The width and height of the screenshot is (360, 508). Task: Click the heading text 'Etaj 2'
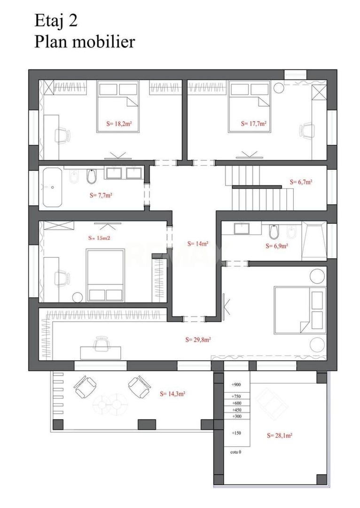[x=56, y=22]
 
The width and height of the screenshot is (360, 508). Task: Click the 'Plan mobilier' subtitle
[x=85, y=42]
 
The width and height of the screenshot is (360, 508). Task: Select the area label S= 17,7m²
[x=254, y=123]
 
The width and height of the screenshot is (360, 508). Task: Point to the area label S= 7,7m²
[x=101, y=195]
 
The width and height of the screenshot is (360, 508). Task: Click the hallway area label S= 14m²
[x=197, y=244]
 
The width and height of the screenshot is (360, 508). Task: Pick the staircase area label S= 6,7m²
[x=301, y=182]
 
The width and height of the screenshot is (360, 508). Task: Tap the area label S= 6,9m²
[x=277, y=246]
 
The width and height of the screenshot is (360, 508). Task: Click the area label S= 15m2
[x=100, y=238]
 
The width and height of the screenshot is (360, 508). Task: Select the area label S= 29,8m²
[x=198, y=340]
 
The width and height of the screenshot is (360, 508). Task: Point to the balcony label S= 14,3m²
[x=172, y=394]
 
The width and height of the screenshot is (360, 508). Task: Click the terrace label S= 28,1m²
[x=280, y=436]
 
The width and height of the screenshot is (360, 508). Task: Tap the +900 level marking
[x=236, y=385]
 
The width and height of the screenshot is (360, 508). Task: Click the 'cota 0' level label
[x=235, y=452]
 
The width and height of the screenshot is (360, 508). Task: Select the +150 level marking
[x=236, y=433]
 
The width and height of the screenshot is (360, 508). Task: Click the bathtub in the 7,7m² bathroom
[x=51, y=187]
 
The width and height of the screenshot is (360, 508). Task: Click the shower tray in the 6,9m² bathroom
[x=314, y=240]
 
